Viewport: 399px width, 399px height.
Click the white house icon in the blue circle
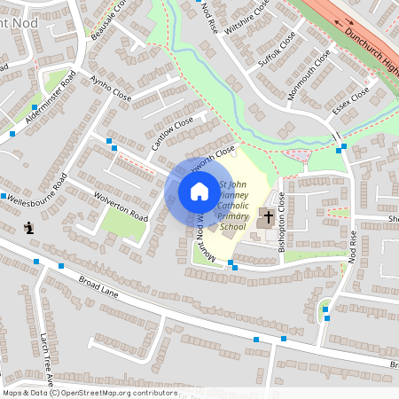tap(199, 192)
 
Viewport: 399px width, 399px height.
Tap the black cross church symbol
tap(268, 216)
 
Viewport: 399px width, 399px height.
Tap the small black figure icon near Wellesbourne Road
tap(30, 228)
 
